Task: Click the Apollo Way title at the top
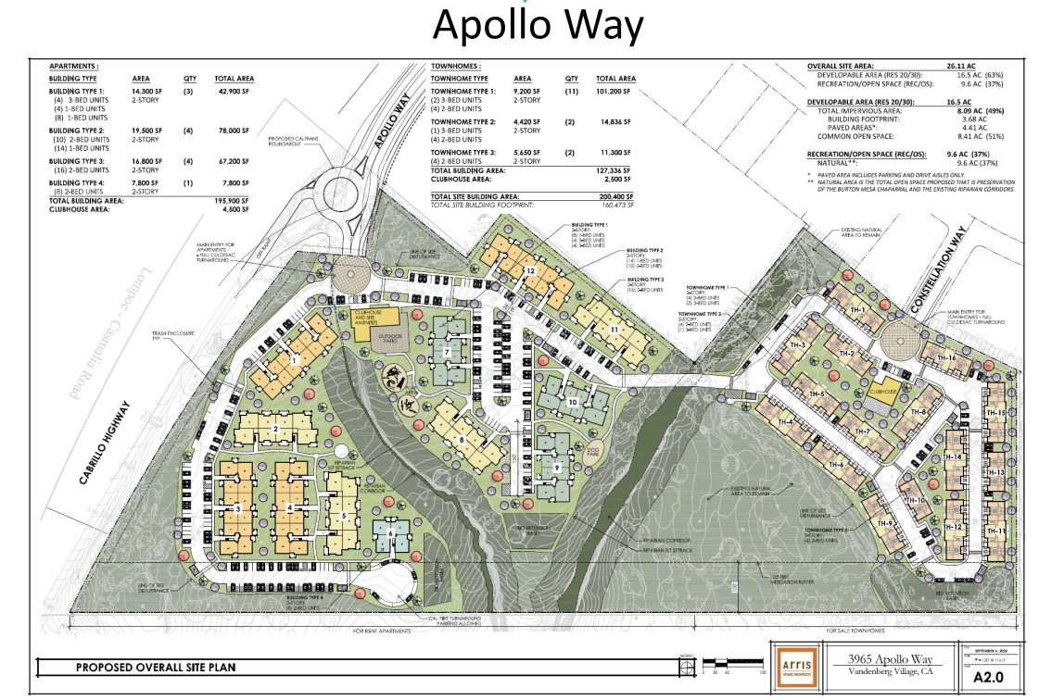point(537,26)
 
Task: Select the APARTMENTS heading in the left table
point(73,67)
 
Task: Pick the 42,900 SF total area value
point(233,93)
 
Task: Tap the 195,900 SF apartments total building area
point(233,200)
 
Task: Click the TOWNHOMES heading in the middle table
point(454,67)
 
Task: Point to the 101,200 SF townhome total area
point(616,93)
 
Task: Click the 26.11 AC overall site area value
point(965,67)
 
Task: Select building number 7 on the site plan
point(447,353)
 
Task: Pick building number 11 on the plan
point(614,329)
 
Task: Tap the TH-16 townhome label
point(946,357)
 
